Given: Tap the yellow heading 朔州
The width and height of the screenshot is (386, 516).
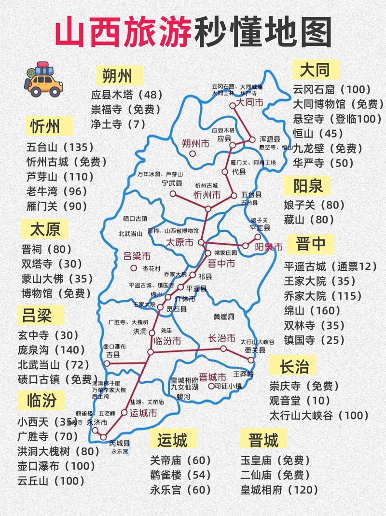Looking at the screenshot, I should pyautogui.click(x=117, y=75).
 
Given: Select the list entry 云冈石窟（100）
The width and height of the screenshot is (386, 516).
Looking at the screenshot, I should pyautogui.click(x=332, y=89).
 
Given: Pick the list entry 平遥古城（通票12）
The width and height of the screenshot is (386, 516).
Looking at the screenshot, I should pyautogui.click(x=330, y=266).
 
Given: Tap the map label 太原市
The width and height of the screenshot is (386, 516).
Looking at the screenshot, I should pyautogui.click(x=179, y=242).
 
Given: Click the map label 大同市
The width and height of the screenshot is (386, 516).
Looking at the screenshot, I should pyautogui.click(x=249, y=103).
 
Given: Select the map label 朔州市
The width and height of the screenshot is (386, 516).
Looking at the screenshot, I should pyautogui.click(x=195, y=143).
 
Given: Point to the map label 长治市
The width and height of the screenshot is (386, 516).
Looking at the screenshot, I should pyautogui.click(x=222, y=338).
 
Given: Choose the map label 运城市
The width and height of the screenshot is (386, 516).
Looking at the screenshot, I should pyautogui.click(x=144, y=413).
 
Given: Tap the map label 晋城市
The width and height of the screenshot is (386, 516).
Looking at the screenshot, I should pyautogui.click(x=212, y=377).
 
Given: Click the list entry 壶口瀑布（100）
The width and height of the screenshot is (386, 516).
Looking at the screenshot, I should pyautogui.click(x=57, y=466).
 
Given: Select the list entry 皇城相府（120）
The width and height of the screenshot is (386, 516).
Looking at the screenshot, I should pyautogui.click(x=279, y=490).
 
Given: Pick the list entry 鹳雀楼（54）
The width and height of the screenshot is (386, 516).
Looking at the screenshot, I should pyautogui.click(x=180, y=475).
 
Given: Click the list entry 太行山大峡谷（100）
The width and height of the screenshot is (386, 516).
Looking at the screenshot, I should pyautogui.click(x=319, y=415).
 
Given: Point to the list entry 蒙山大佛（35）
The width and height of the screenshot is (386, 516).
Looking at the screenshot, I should pyautogui.click(x=57, y=279).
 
